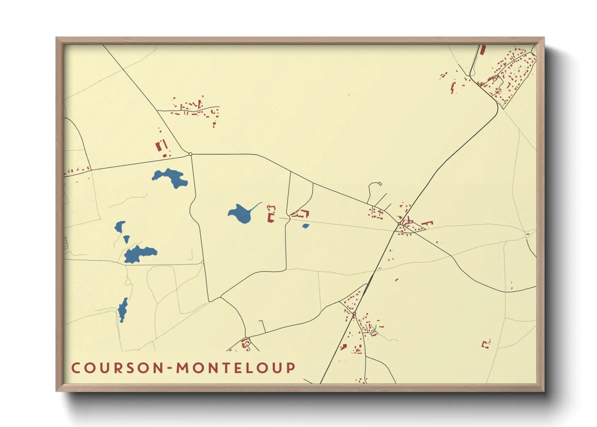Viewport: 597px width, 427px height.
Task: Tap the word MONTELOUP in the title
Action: tap(236, 368)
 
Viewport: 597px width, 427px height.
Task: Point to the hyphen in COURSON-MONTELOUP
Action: tap(170, 368)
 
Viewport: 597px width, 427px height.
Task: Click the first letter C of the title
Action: tap(75, 368)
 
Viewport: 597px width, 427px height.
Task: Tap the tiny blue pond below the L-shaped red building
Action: tap(305, 226)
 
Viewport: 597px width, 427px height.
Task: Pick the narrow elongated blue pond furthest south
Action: tap(123, 310)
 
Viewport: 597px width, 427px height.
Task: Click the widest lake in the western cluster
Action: tap(140, 254)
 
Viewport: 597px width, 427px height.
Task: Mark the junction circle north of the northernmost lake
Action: tap(190, 154)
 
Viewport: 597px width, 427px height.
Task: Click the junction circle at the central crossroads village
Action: tap(399, 224)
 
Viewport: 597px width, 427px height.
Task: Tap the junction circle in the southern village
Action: tap(354, 314)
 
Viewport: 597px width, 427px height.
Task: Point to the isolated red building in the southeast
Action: tap(486, 344)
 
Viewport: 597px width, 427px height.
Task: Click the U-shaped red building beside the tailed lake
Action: tap(271, 213)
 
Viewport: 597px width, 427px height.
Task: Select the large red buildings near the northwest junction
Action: tap(161, 146)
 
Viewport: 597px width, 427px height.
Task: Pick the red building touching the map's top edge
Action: tap(483, 49)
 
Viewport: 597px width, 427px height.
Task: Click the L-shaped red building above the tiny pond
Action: tap(302, 213)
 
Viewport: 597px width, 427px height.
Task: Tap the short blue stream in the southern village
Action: tap(375, 329)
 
